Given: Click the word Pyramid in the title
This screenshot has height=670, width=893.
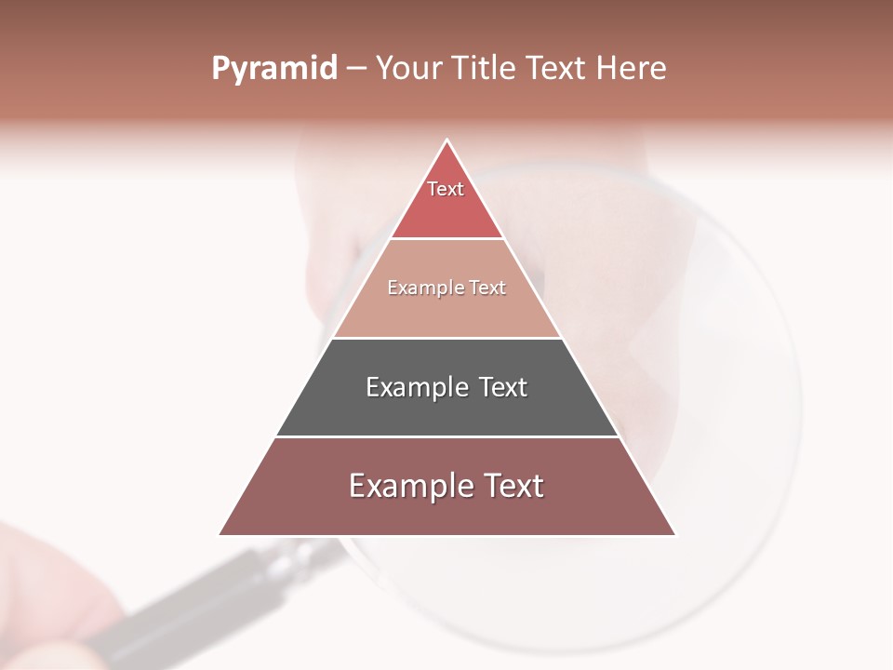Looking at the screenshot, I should pos(273,69).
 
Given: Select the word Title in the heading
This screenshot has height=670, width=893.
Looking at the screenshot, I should pos(486,69).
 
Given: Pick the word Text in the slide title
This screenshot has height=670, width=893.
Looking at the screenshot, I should pos(558,69).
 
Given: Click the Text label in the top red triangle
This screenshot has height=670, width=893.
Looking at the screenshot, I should pos(446,189).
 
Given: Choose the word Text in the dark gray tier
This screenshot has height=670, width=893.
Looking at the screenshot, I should pos(503,387).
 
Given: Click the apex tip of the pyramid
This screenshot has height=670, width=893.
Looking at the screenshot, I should pos(447,141).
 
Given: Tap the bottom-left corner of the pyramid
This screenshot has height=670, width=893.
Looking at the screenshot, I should pos(220,534).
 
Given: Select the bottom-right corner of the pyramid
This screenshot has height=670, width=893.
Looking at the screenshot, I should pos(674,534).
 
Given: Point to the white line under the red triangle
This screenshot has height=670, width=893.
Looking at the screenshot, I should pos(447,239).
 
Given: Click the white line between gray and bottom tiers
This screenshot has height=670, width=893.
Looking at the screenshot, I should pos(447,436).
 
